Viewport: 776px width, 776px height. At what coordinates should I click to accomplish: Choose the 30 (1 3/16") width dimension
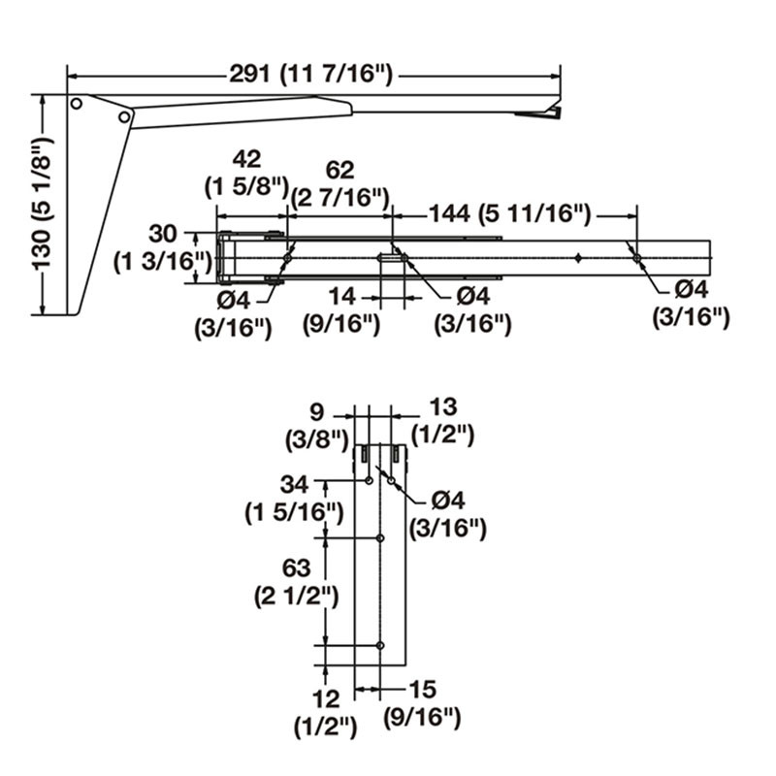click(x=163, y=246)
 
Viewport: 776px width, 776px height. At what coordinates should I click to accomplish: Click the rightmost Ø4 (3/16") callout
click(x=689, y=303)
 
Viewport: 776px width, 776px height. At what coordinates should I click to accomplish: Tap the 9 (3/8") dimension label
click(x=316, y=425)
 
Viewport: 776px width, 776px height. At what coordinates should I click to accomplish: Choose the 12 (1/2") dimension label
click(x=326, y=710)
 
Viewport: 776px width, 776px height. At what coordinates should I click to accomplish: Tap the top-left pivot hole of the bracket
click(x=76, y=103)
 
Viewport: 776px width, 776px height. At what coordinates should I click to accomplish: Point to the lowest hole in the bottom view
click(x=380, y=645)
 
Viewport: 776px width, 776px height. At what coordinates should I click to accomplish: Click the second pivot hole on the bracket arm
click(x=123, y=116)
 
